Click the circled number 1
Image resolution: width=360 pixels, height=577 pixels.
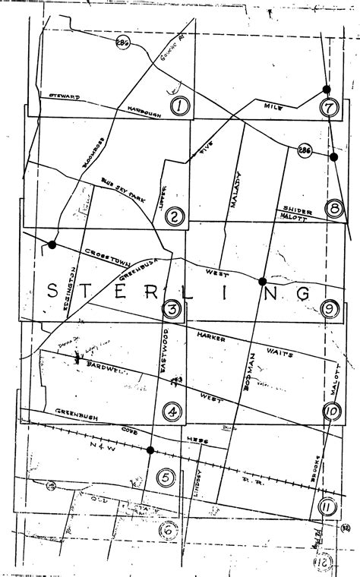(179, 106)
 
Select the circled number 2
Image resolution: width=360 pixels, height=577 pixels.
(175, 218)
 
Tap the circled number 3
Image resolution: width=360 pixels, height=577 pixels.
(172, 309)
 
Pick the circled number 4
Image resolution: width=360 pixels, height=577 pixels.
(173, 412)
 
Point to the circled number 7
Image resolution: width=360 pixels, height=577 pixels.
(328, 108)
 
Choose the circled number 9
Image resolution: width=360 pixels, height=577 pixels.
(330, 308)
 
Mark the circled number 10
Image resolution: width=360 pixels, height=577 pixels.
(331, 411)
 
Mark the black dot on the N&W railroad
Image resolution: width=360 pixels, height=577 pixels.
(150, 450)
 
